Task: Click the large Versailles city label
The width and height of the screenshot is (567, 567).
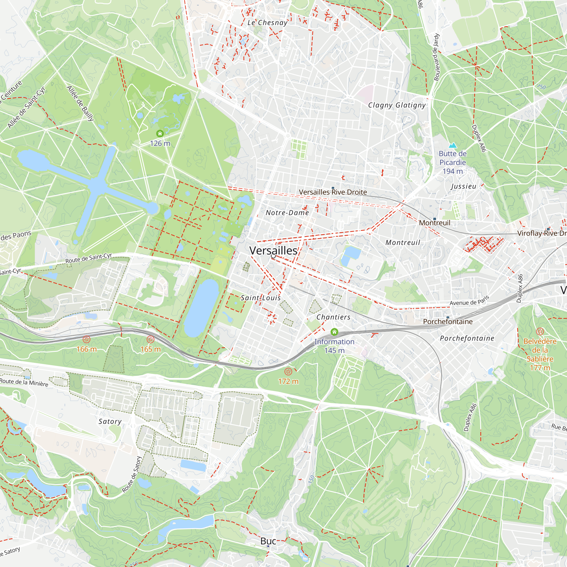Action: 273,251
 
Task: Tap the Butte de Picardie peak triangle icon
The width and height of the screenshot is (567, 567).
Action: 452,145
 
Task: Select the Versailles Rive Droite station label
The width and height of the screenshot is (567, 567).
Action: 333,192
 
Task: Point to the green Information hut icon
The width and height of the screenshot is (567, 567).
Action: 334,332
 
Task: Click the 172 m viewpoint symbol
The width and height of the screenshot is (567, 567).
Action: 288,372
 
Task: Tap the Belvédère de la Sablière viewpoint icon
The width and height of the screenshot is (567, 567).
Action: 540,332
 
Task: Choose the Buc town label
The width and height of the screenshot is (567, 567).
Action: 268,541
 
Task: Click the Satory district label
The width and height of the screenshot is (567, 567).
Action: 110,422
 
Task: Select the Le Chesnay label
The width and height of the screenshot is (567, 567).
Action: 267,23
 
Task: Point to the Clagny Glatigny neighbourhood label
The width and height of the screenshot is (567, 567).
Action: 397,105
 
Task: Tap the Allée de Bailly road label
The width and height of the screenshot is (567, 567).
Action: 80,103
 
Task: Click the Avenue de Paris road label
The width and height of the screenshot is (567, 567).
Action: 469,301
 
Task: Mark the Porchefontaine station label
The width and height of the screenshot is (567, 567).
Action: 448,322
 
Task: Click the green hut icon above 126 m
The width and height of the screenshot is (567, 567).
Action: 160,134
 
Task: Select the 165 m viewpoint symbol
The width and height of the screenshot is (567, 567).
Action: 151,340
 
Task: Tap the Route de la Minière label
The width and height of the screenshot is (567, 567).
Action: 24,382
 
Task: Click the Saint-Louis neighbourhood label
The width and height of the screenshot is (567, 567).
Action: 261,298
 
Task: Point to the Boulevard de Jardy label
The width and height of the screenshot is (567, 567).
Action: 436,57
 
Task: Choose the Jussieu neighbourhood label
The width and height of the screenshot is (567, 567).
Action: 464,186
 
